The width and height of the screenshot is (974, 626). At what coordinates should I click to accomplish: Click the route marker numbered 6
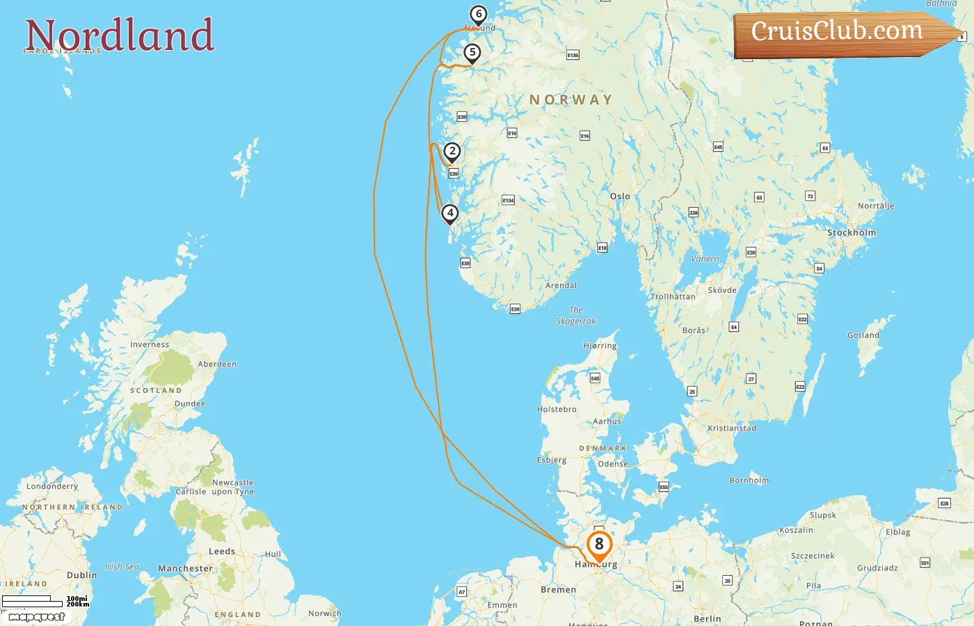coord(478,15)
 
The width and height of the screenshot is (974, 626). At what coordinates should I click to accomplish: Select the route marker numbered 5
coord(472,53)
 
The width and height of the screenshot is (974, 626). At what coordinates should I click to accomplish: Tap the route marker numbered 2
coord(452,152)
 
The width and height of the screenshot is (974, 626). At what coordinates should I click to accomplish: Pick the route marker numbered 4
coord(450,214)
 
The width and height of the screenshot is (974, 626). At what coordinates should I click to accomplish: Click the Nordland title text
coord(120,35)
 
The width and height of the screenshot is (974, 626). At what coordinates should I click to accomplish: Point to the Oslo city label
coord(620,196)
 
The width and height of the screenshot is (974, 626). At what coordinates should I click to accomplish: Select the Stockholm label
coord(851,232)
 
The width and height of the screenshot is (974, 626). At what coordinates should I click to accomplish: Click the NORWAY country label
coord(571,100)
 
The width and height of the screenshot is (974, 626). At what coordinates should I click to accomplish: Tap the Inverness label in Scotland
coord(150,344)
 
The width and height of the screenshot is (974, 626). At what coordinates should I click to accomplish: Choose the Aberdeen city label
coord(217,364)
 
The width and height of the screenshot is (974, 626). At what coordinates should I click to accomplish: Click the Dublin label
coord(82,575)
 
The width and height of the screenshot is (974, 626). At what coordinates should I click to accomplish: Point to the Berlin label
coord(707,618)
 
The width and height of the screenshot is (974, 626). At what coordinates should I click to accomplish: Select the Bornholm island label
coord(749,480)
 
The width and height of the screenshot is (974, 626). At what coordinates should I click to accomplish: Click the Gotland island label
coord(863,335)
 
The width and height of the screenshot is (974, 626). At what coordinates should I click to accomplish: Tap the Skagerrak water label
coord(576,316)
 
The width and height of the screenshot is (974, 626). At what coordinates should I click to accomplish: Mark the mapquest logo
coord(36,617)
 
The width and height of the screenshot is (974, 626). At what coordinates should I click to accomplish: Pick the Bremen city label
coord(559,589)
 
